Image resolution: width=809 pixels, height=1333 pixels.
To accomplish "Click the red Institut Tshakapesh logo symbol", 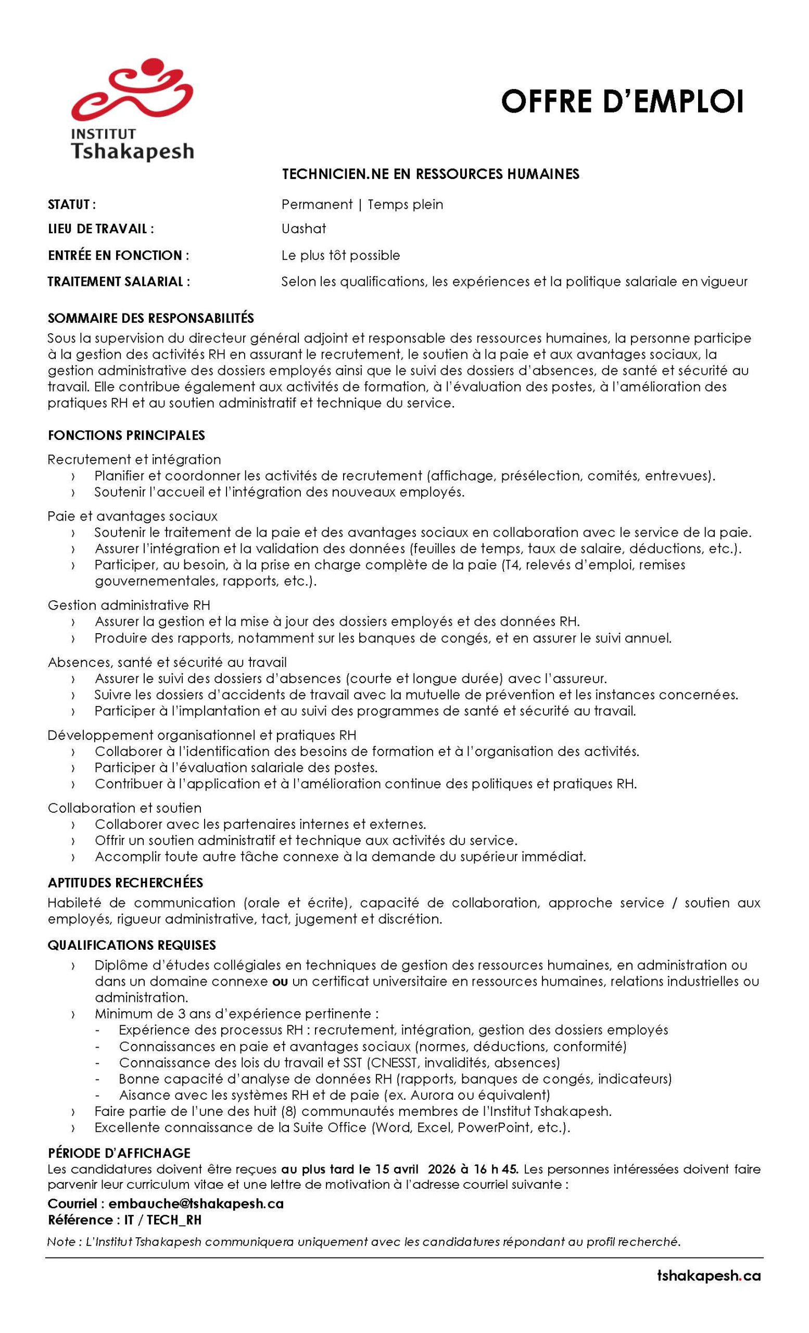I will tap(132, 89).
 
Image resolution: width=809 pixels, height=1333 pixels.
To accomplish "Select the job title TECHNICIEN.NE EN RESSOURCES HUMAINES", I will tap(430, 174).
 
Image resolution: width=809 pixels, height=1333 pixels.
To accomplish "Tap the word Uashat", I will tap(304, 228).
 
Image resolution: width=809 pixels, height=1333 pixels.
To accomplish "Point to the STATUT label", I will tap(72, 205).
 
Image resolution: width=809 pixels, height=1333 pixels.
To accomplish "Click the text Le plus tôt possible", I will tap(340, 255).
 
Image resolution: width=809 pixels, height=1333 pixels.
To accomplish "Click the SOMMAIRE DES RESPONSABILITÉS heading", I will tap(151, 318).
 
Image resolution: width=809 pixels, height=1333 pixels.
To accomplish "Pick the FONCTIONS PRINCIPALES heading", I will tap(126, 435).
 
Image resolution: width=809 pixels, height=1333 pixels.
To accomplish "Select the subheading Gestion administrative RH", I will tap(129, 605).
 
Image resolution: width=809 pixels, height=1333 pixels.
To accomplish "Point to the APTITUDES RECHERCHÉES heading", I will tap(125, 883).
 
